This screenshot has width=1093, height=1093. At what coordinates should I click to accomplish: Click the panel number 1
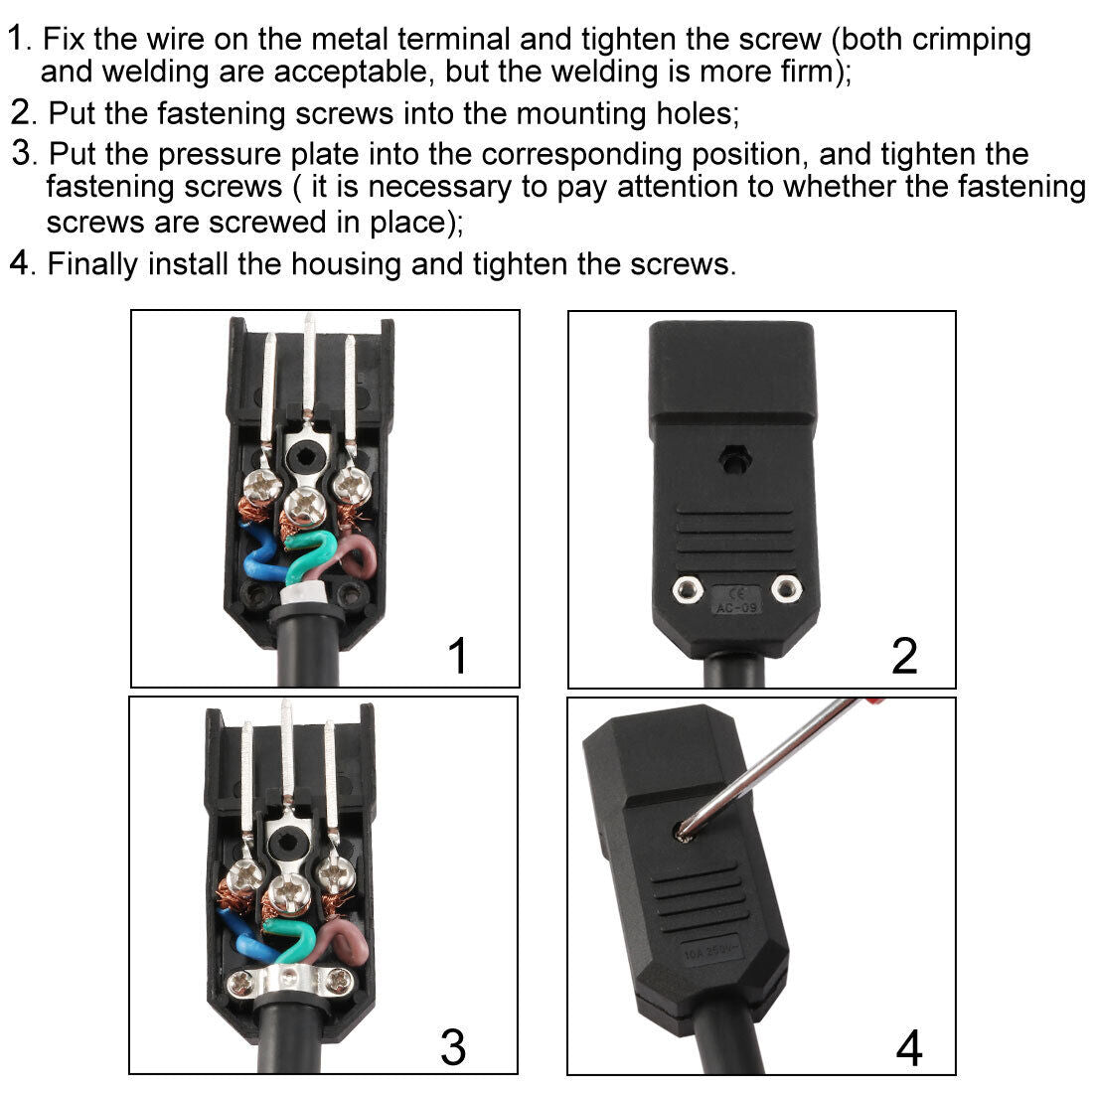pyautogui.click(x=457, y=656)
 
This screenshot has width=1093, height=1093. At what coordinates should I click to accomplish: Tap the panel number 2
pyautogui.click(x=904, y=656)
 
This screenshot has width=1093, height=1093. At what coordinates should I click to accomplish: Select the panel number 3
pyautogui.click(x=453, y=1046)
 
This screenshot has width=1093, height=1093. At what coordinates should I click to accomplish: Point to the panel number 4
pyautogui.click(x=908, y=1048)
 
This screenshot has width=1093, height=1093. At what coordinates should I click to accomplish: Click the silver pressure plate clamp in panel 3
pyautogui.click(x=291, y=984)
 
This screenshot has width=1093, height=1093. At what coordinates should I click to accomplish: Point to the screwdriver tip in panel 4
pyautogui.click(x=684, y=833)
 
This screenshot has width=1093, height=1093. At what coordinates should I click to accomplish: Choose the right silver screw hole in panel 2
pyautogui.click(x=788, y=588)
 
